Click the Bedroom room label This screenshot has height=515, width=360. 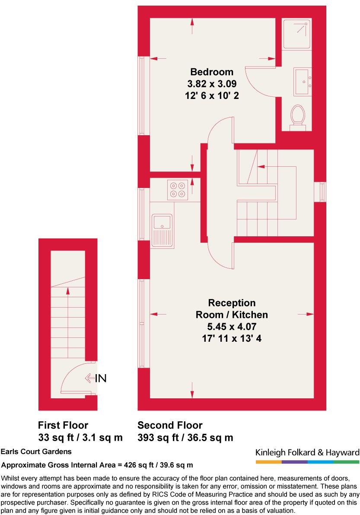(x=212, y=72)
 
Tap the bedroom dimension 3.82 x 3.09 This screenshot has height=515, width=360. (x=212, y=83)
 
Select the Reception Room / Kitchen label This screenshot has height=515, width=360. (x=232, y=308)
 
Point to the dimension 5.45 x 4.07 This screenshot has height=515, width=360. (x=232, y=327)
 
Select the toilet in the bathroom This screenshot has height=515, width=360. (x=297, y=115)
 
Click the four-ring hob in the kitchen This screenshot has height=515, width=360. (x=178, y=190)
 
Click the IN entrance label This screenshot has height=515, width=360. (x=100, y=378)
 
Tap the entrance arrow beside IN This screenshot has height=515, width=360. (x=89, y=378)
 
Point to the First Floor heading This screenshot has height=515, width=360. (x=63, y=425)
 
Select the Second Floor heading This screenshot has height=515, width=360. (x=170, y=425)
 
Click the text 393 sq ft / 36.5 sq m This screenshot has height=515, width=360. (x=185, y=438)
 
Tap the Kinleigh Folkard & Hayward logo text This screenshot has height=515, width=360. (x=307, y=452)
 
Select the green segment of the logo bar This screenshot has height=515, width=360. (x=346, y=462)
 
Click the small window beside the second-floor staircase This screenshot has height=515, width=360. (x=322, y=191)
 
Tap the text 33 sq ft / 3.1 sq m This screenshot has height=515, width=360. (x=80, y=438)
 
